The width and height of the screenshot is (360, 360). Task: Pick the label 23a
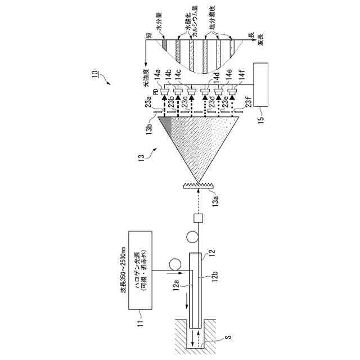tap(148, 102)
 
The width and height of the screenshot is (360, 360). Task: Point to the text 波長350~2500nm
tap(123, 269)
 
